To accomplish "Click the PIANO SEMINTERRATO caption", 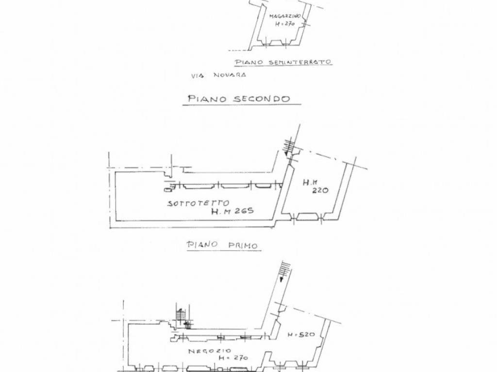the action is pyautogui.click(x=283, y=62).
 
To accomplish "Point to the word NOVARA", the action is pyautogui.click(x=231, y=75).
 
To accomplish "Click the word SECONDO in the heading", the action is pyautogui.click(x=262, y=99).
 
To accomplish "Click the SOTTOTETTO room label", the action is pyautogui.click(x=198, y=203).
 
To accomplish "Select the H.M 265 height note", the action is pyautogui.click(x=232, y=211).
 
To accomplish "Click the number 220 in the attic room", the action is pyautogui.click(x=320, y=190).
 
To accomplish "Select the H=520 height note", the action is pyautogui.click(x=301, y=334).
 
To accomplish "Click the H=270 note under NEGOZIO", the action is pyautogui.click(x=233, y=358).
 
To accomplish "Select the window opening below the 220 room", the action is pyautogui.click(x=307, y=217).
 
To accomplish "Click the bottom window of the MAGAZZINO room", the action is pyautogui.click(x=276, y=43).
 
